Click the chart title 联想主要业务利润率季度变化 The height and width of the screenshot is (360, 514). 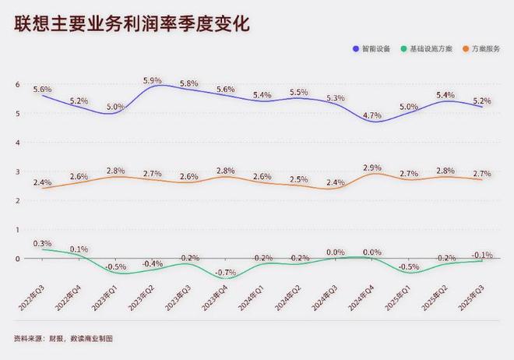(132, 24)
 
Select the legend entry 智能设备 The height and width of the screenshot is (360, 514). (375, 49)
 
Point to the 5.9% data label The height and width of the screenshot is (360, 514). (153, 80)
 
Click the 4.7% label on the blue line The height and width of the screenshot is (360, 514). (372, 115)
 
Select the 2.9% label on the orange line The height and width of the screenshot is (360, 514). (372, 168)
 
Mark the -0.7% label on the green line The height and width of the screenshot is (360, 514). (226, 272)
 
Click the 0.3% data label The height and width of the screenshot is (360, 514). (42, 243)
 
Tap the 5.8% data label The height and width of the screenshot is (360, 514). (189, 83)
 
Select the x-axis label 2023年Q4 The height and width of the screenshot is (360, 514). (217, 300)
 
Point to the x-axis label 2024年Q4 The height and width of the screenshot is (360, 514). (364, 300)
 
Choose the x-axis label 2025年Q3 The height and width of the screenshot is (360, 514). (474, 300)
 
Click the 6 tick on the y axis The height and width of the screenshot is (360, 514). (17, 84)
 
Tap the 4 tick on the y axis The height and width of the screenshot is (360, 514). (17, 143)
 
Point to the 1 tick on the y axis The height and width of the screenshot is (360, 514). (17, 230)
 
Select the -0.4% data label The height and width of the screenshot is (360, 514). (153, 263)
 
